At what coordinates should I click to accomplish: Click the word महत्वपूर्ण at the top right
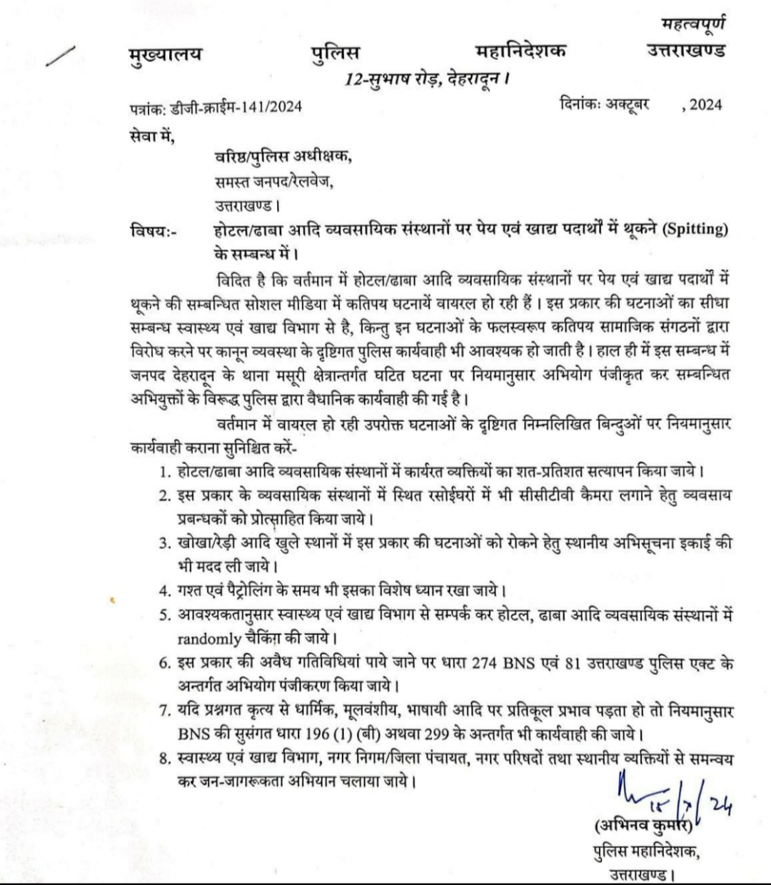pyautogui.click(x=692, y=26)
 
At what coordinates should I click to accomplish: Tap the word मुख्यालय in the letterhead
pyautogui.click(x=161, y=53)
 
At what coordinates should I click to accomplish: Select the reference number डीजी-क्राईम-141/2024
pyautogui.click(x=236, y=107)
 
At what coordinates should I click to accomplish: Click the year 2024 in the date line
pyautogui.click(x=705, y=105)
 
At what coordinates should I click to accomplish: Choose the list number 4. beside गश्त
pyautogui.click(x=164, y=591)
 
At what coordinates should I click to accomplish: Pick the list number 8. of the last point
pyautogui.click(x=164, y=757)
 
